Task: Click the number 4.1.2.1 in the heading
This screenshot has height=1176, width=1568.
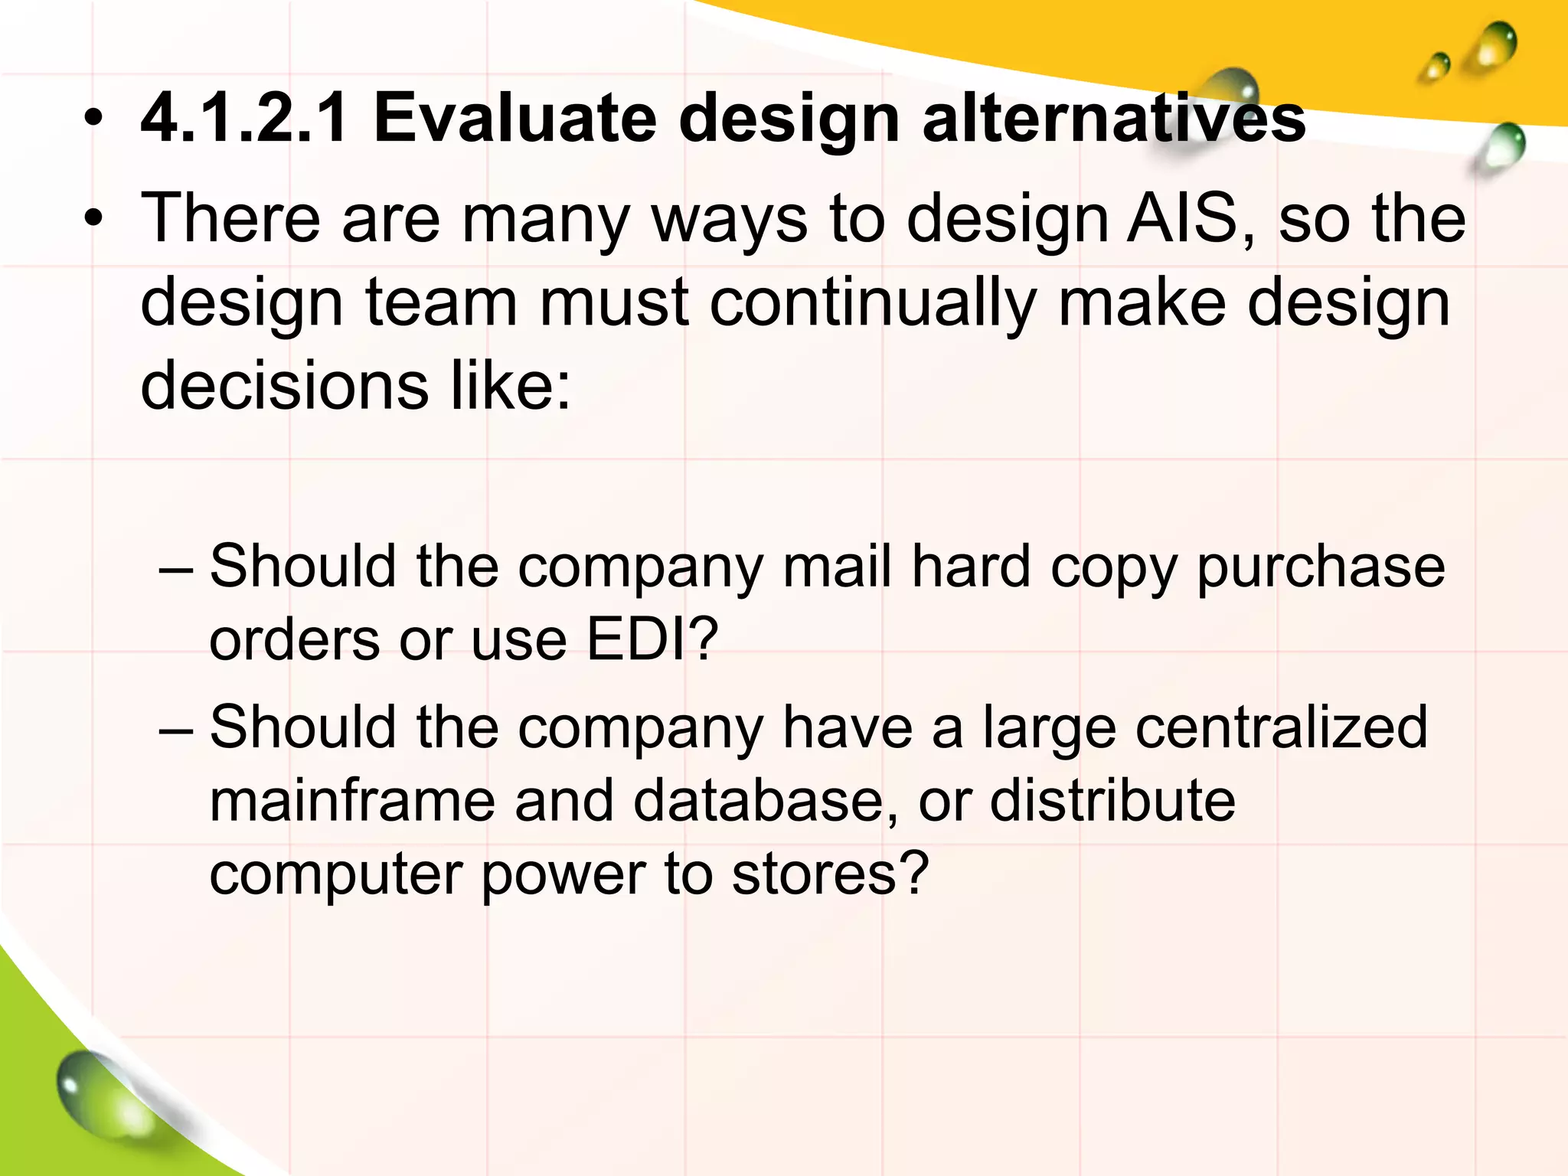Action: click(x=244, y=119)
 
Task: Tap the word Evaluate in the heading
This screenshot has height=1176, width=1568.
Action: click(x=514, y=119)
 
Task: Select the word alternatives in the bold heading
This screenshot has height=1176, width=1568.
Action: click(x=1114, y=119)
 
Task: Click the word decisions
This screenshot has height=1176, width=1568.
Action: click(x=284, y=385)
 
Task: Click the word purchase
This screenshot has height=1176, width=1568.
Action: click(x=1321, y=568)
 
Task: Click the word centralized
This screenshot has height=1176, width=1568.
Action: click(x=1282, y=727)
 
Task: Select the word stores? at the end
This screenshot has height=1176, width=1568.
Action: click(x=830, y=874)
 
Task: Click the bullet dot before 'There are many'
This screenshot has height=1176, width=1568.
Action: click(x=93, y=220)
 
